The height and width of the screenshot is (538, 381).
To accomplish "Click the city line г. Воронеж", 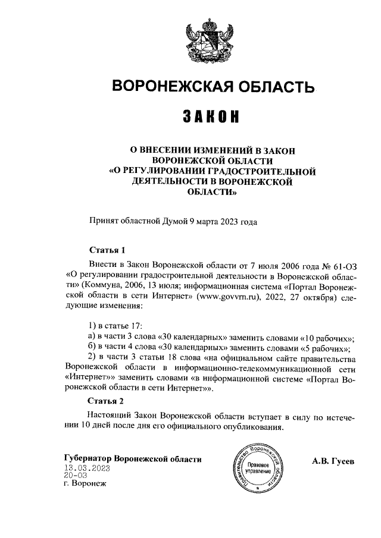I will point(84,484).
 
